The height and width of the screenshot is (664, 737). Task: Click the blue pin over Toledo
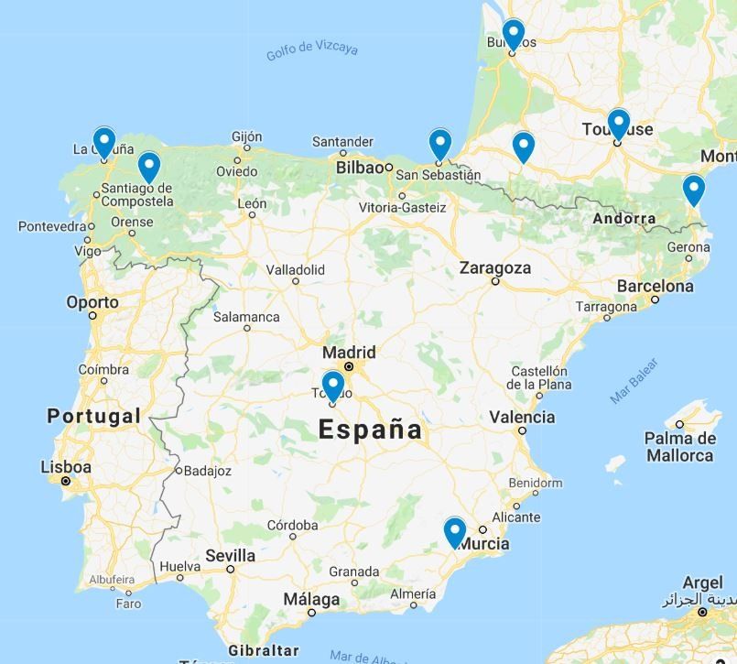coord(333,385)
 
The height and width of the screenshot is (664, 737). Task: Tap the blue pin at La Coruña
coord(104,142)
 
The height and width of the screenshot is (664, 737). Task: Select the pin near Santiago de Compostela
coord(148,166)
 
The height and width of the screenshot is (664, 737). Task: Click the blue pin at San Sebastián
coord(440,144)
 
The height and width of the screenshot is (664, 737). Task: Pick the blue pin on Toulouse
coord(619,123)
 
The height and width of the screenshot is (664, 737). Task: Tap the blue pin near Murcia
coord(454,530)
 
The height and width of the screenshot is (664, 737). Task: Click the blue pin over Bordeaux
coord(514,34)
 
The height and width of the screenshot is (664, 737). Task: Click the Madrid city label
coord(349,353)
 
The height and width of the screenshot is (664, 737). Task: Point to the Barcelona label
coord(655,286)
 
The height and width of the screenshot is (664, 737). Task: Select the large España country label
coord(371,430)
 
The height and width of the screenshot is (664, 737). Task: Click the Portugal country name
coord(94,416)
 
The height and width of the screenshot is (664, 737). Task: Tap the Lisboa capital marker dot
coord(66,481)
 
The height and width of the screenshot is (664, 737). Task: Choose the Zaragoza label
coord(495,268)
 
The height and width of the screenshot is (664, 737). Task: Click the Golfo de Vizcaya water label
coord(312,49)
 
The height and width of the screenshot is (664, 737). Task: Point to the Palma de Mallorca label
coord(679,447)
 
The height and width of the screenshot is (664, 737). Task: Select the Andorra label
coord(624,218)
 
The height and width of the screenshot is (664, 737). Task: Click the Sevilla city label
coord(231,556)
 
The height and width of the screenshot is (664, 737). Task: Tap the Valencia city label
coord(522,417)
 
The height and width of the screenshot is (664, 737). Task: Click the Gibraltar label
coord(264,650)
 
